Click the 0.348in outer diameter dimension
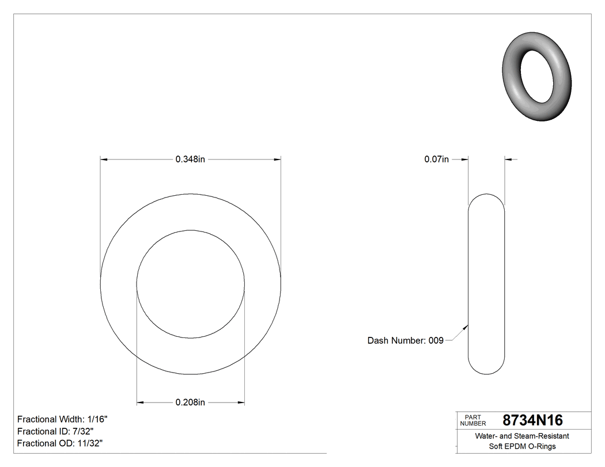pos(190,160)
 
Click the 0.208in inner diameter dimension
pos(190,403)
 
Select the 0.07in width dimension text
pos(436,160)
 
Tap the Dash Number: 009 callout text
pos(405,340)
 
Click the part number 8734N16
pos(532,420)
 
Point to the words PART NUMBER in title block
pos(473,420)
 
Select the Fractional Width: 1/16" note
pos(62,419)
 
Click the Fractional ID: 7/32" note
pos(55,431)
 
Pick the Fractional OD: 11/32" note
pos(60,443)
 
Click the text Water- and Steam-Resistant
pos(521,436)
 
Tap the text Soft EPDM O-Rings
pos(521,446)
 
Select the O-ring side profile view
pos(486,284)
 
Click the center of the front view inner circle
pos(191,284)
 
